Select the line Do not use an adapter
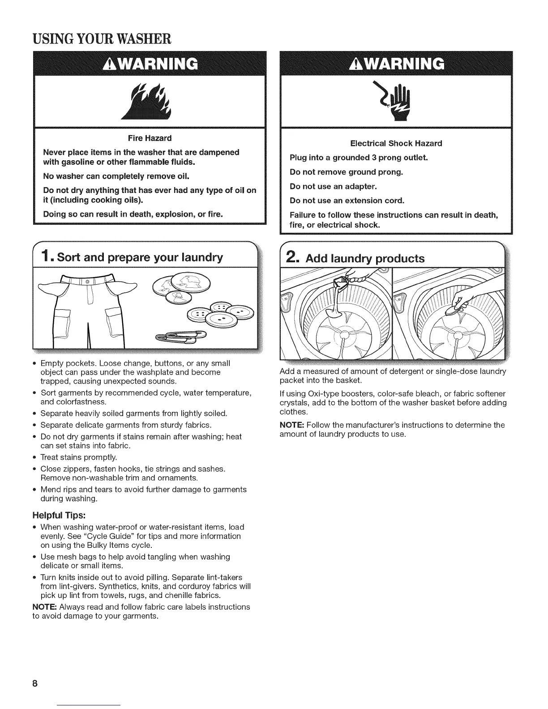[x=334, y=186]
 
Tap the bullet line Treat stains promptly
[x=79, y=457]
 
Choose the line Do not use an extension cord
[x=347, y=200]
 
